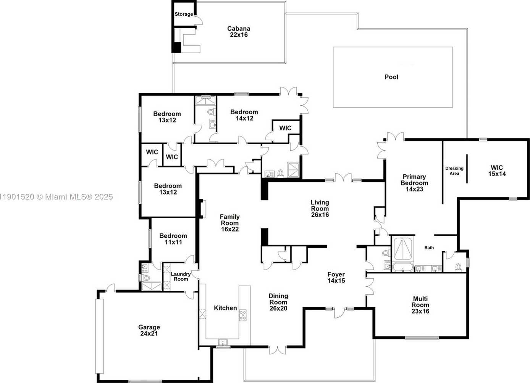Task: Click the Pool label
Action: (x=391, y=77)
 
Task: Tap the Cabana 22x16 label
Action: (x=239, y=32)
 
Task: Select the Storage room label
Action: (x=184, y=14)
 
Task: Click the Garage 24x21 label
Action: (x=149, y=330)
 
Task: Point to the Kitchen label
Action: (x=225, y=308)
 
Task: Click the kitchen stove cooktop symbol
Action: (x=243, y=315)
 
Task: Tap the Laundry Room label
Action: (x=181, y=276)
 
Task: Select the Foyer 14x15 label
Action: (x=336, y=278)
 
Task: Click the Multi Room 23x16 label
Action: (x=420, y=305)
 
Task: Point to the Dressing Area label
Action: (x=454, y=171)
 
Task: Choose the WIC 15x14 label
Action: (x=497, y=171)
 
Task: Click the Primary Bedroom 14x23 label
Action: (x=414, y=183)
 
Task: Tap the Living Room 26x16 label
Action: (x=320, y=208)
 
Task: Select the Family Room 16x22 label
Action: (x=230, y=223)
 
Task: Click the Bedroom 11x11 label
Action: (x=173, y=239)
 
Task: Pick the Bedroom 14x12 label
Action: (x=244, y=115)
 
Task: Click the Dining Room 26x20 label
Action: (x=278, y=302)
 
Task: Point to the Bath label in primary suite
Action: (x=429, y=248)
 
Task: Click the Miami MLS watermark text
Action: (x=56, y=196)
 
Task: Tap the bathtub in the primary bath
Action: (x=403, y=267)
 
